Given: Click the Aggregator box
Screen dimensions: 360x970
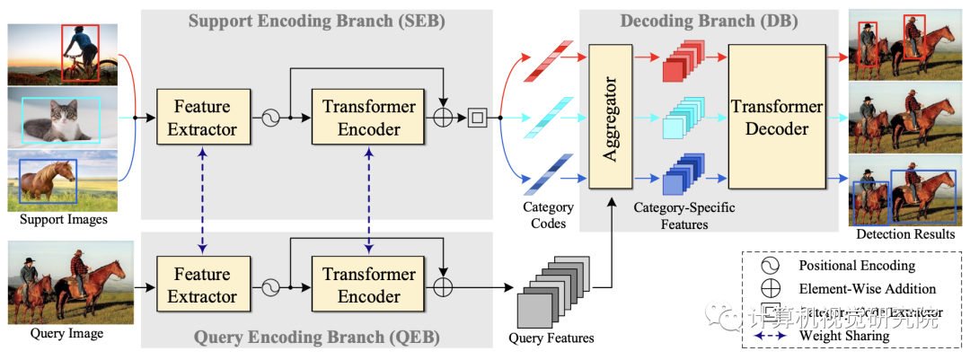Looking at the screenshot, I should click(610, 118).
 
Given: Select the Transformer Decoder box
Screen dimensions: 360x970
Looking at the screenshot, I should click(777, 118).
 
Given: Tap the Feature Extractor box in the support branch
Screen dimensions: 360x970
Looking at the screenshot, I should click(202, 118).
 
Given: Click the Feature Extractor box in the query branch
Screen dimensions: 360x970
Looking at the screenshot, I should click(202, 285).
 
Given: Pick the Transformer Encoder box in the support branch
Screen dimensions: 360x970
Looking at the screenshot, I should click(368, 118).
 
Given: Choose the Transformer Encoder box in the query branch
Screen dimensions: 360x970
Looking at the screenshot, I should click(368, 285).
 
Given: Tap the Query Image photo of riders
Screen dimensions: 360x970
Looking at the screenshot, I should click(66, 280).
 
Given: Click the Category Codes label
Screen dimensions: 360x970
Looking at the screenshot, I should click(548, 215).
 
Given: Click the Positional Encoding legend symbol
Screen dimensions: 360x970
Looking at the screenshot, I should click(772, 267).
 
